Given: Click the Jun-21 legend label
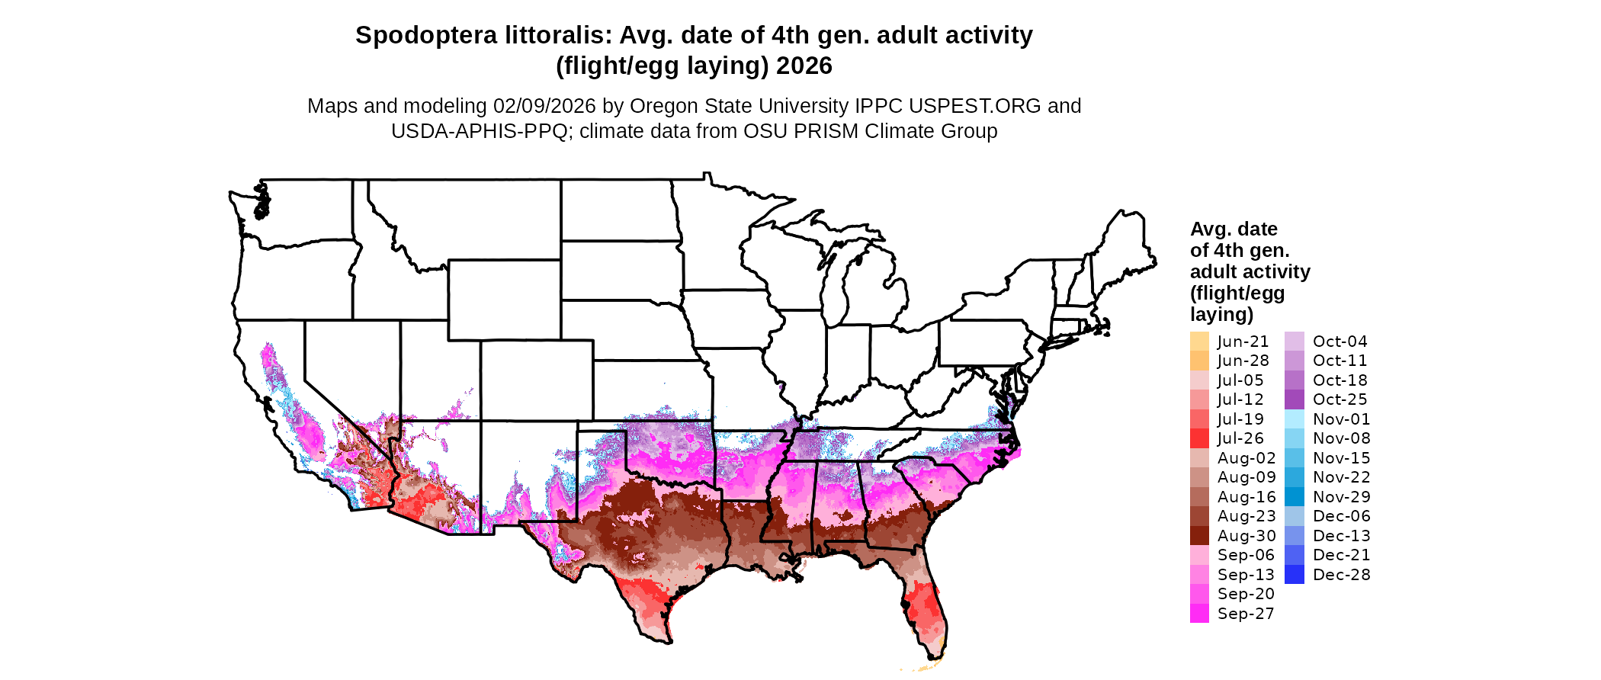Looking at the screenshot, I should click(x=1243, y=342).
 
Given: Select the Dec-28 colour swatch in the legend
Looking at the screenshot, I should click(x=1294, y=575).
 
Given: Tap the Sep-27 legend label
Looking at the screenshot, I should click(x=1246, y=614).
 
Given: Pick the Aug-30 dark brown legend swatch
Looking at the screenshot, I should click(x=1199, y=536).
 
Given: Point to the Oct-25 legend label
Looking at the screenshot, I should click(x=1340, y=399).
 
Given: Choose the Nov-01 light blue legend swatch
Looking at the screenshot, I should click(x=1294, y=419).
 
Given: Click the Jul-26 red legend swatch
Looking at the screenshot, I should click(x=1199, y=438).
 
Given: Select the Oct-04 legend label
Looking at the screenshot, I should click(x=1340, y=342).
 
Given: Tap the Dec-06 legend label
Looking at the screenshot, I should click(x=1341, y=516).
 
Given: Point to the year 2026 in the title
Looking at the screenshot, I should click(x=804, y=66).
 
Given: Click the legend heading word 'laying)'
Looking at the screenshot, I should click(x=1221, y=314).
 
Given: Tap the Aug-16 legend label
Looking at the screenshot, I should click(x=1246, y=497).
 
